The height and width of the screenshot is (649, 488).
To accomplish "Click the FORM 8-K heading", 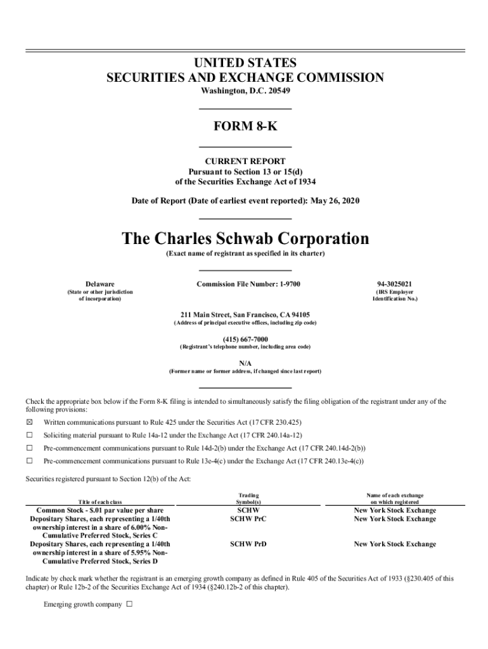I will tap(245, 126).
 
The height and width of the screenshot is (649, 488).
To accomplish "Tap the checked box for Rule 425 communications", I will tap(29, 422).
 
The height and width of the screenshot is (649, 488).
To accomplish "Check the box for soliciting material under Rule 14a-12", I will tap(29, 435).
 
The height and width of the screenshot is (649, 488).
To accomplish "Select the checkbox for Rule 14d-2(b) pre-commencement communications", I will tap(29, 448).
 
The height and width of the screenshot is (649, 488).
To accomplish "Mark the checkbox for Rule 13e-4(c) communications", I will tap(29, 461).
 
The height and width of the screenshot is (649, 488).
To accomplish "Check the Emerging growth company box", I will tap(129, 604).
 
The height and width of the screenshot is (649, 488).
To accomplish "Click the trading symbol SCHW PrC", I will tap(248, 519).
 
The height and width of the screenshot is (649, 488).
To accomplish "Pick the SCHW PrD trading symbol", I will tap(248, 544).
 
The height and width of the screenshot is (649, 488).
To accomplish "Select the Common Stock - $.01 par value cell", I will tap(100, 510).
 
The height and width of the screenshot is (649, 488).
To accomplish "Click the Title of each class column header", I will tap(100, 502).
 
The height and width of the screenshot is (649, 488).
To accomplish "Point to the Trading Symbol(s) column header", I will tap(248, 498).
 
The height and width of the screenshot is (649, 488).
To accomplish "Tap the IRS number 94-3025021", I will tap(395, 283).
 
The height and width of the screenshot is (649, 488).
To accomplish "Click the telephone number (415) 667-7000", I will tap(245, 339).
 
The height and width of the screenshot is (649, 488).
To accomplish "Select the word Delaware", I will tap(100, 283).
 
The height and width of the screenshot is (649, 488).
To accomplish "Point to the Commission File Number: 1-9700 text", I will tap(248, 283).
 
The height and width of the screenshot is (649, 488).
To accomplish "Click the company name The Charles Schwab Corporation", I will tap(245, 239).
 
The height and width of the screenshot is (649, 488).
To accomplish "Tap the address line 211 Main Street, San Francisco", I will tap(245, 314).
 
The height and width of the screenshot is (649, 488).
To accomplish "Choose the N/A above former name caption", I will tap(245, 363).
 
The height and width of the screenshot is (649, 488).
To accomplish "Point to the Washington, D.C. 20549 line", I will tap(245, 91).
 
